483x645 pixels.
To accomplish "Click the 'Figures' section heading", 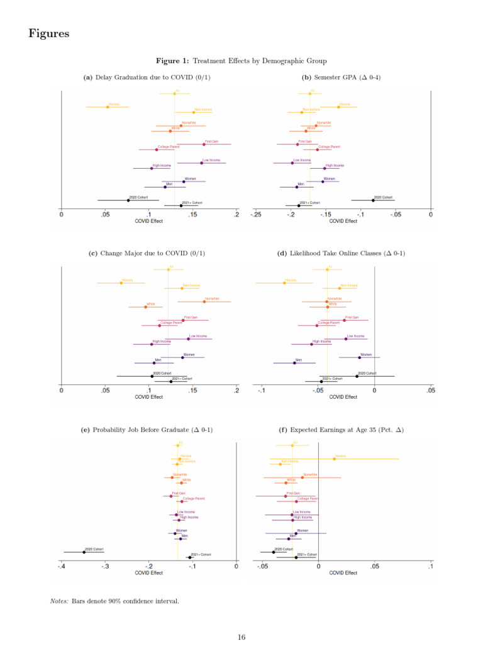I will coord(48,33).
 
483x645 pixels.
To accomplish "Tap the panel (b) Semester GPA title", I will coord(341,77).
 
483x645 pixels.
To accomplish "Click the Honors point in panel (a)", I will coord(108,107).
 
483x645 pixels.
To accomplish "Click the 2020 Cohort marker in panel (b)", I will coord(373,200).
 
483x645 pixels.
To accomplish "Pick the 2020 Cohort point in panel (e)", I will coord(84,552).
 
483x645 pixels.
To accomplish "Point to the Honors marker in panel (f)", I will coord(334,459).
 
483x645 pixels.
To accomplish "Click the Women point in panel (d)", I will coord(360,358).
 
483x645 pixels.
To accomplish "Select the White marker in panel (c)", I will coord(145,307).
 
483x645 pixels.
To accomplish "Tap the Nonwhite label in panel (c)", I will coord(212,299).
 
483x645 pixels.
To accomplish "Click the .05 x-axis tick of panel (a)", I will coord(105,215).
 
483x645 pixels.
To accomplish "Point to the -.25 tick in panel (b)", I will coord(255,215).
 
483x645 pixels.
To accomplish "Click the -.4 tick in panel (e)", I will coord(61,566).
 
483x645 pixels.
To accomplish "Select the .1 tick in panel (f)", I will coord(430,566).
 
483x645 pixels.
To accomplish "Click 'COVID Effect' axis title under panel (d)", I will coord(343,397).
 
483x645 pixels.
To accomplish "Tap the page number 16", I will coord(241,637).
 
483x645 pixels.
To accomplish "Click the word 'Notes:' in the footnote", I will coord(59,601).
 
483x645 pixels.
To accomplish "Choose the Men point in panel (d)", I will coord(294,363).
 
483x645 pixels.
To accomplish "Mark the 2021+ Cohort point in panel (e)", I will coord(189,557).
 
